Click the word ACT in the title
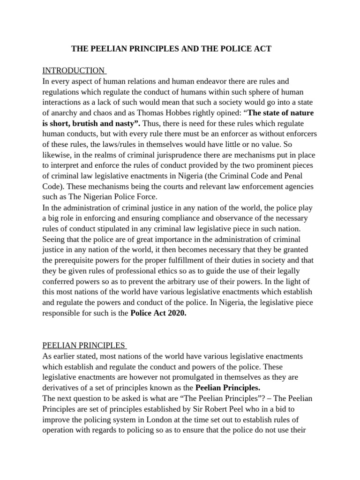(x=262, y=48)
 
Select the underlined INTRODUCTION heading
(x=74, y=71)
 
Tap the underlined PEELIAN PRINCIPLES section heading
(x=83, y=345)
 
